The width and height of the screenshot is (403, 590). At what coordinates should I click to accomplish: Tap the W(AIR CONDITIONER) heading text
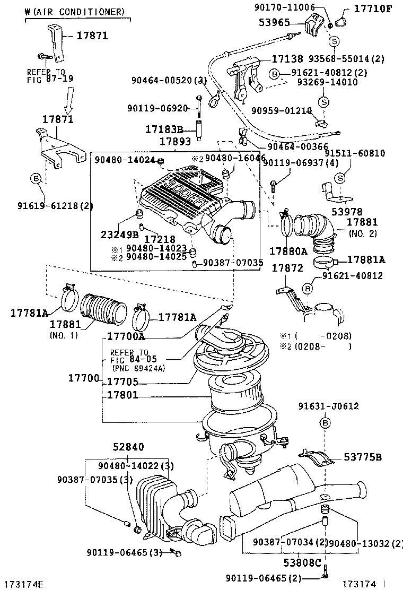(75, 12)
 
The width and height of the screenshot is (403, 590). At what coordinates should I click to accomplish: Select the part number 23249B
(120, 234)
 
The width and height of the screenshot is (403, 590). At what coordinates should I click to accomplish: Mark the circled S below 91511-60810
(340, 177)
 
